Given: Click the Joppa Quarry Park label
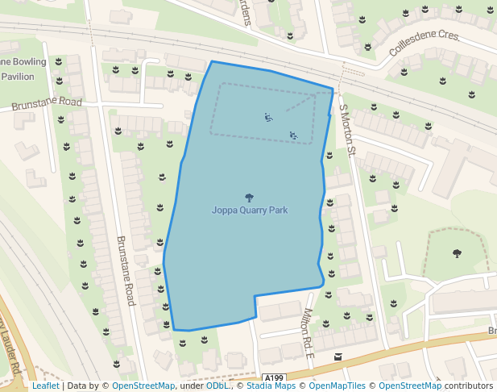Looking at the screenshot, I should click(249, 211).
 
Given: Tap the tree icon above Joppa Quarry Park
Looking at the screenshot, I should click(249, 197).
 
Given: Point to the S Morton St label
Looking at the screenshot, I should click(346, 128).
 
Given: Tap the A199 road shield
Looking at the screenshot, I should click(274, 377).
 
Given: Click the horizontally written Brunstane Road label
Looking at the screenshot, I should click(47, 102).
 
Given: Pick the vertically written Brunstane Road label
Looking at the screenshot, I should click(125, 270).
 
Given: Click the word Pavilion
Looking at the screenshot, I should click(18, 77).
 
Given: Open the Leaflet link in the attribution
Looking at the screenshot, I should click(45, 386).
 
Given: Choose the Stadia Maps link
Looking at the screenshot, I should click(271, 386).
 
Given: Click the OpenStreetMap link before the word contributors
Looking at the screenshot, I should click(410, 386).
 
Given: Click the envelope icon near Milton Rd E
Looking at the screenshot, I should click(338, 357).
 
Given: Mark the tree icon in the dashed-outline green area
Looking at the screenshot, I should click(457, 253).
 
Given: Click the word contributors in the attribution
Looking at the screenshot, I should click(469, 386).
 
